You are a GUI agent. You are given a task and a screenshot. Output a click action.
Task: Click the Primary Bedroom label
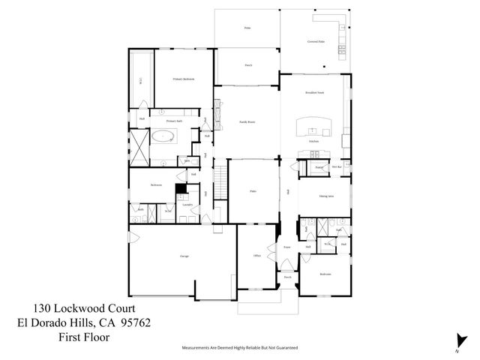pyautogui.click(x=184, y=79)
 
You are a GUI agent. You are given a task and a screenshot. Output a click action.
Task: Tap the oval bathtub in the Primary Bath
pyautogui.click(x=163, y=137)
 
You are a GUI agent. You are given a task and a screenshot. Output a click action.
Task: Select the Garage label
pyautogui.click(x=184, y=256)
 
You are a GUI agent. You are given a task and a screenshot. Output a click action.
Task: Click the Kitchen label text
pyautogui.click(x=314, y=140)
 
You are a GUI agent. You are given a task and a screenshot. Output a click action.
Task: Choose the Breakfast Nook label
pyautogui.click(x=314, y=94)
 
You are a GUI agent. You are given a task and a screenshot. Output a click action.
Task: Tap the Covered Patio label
pyautogui.click(x=316, y=41)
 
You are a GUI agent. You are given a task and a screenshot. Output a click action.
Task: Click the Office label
pyautogui.click(x=256, y=256)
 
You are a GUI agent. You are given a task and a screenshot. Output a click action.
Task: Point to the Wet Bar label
pyautogui.click(x=337, y=167)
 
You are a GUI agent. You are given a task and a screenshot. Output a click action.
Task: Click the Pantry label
pyautogui.click(x=319, y=167)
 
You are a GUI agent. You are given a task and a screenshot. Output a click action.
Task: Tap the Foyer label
pyautogui.click(x=286, y=246)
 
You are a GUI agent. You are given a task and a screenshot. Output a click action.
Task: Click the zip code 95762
pyautogui.click(x=136, y=322)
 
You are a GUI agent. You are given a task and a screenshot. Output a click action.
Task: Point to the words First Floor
pyautogui.click(x=84, y=337)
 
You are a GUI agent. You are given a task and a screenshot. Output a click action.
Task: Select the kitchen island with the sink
pyautogui.click(x=314, y=127)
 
